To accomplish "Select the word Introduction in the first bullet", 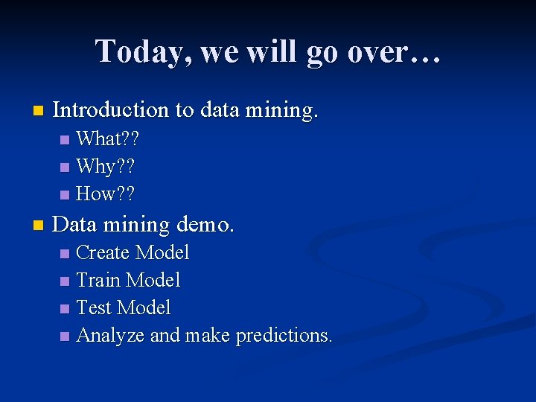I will pyautogui.click(x=112, y=110).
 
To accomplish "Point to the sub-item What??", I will pyautogui.click(x=109, y=139).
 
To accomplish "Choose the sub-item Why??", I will pyautogui.click(x=106, y=167).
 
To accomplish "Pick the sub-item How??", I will pyautogui.click(x=106, y=194).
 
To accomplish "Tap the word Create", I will pyautogui.click(x=103, y=253).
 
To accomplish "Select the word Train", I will pyautogui.click(x=99, y=281).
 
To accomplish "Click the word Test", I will pyautogui.click(x=94, y=308).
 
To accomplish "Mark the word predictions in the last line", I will pyautogui.click(x=284, y=336).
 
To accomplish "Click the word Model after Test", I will pyautogui.click(x=144, y=308).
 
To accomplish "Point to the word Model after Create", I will pyautogui.click(x=162, y=253).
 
